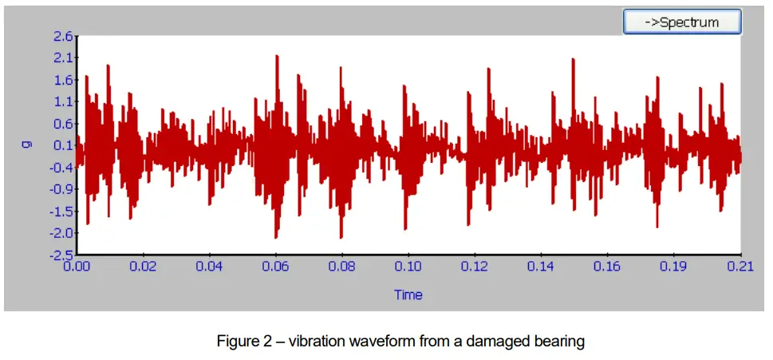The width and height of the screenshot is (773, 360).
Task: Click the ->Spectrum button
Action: click(682, 22)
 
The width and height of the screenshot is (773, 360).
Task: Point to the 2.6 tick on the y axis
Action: click(63, 36)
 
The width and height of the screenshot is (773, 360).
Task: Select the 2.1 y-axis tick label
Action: click(63, 57)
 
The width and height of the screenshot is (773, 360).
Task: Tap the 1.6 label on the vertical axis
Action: click(63, 80)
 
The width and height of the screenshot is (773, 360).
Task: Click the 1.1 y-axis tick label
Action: click(63, 101)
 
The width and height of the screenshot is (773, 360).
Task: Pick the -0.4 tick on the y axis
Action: click(61, 168)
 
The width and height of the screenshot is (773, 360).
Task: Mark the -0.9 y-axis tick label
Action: click(61, 189)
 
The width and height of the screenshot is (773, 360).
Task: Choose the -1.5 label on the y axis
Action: click(61, 212)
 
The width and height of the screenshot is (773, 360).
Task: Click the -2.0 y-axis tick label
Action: click(61, 233)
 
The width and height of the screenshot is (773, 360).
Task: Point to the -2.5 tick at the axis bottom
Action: click(61, 255)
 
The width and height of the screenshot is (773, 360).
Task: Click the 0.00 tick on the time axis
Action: click(77, 266)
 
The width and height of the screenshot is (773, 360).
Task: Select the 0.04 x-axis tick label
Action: click(209, 266)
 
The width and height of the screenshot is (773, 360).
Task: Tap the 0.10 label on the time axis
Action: click(408, 266)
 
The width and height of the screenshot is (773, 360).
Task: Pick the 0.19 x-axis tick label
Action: click(673, 266)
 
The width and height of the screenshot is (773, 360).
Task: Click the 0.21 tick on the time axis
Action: click(739, 266)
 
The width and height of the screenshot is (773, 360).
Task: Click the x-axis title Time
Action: click(408, 295)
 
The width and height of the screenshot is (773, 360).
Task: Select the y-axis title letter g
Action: click(26, 145)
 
